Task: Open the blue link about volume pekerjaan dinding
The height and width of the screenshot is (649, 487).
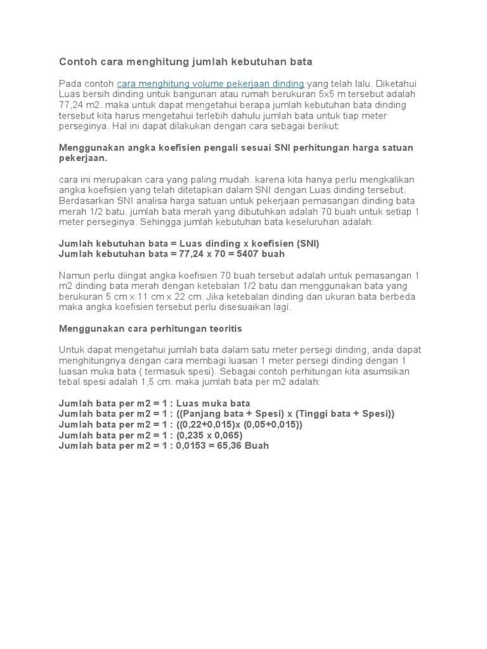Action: click(211, 84)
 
